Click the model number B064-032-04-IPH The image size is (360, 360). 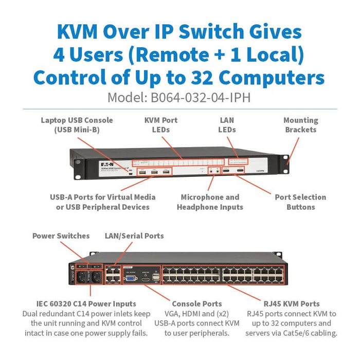click(x=179, y=97)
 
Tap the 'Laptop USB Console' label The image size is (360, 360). click(x=77, y=125)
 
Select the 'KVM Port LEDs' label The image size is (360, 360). click(x=160, y=125)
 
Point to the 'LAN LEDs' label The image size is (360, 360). click(x=227, y=125)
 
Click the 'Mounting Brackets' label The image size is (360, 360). click(x=300, y=125)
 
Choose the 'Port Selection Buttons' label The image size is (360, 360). click(x=300, y=202)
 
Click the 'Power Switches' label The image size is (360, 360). click(x=61, y=236)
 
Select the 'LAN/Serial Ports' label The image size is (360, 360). click(x=134, y=236)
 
